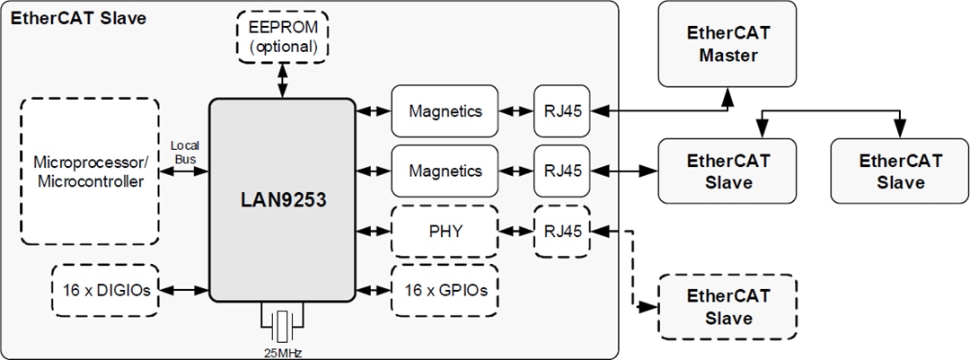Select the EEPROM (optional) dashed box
click(282, 37)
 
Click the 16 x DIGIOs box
click(104, 290)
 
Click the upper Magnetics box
click(445, 111)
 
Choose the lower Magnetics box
click(445, 171)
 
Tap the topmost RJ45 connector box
click(562, 111)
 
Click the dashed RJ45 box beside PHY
click(562, 231)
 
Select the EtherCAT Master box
click(727, 44)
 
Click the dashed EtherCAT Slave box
click(727, 307)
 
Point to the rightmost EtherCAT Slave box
click(900, 171)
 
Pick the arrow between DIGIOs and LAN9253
click(183, 290)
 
